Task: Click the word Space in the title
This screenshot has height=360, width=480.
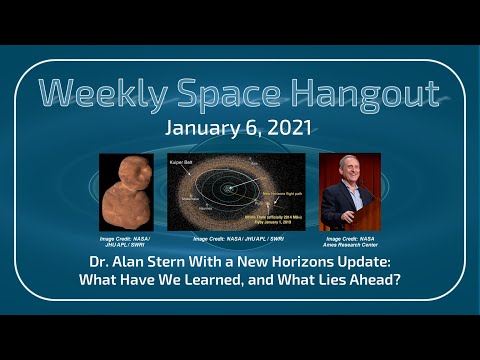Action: [x=236, y=93]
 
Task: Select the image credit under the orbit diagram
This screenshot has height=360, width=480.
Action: [x=236, y=240]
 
